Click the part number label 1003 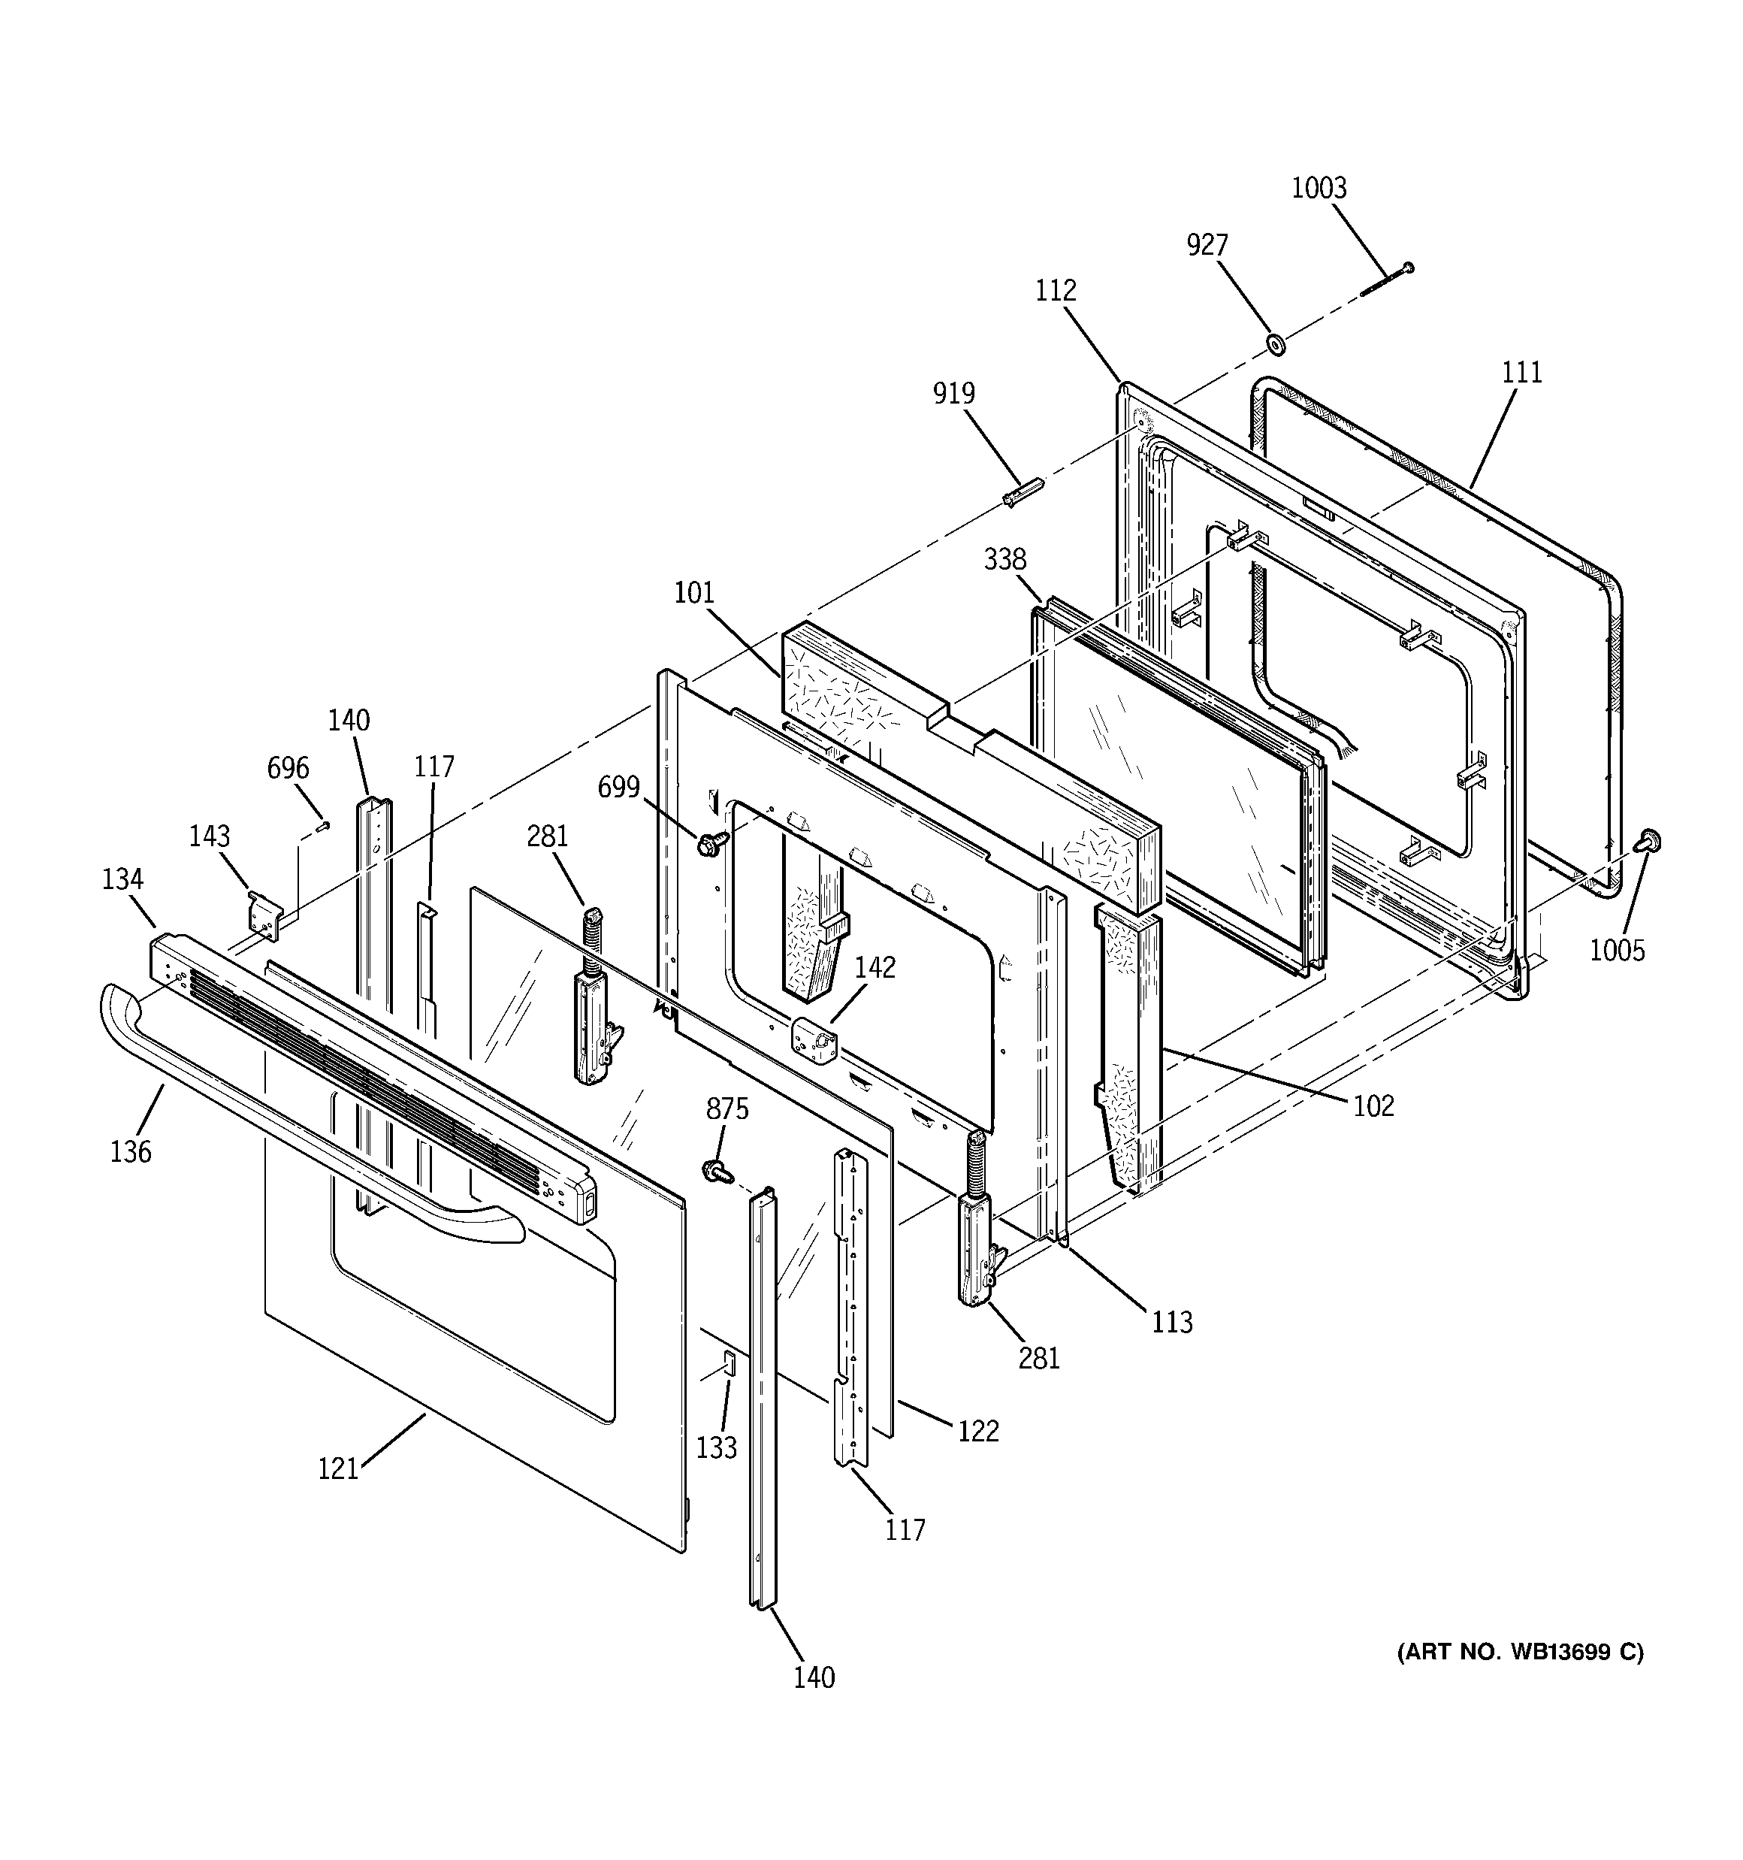pyautogui.click(x=1319, y=188)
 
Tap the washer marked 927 pyautogui.click(x=1273, y=344)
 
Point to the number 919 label pyautogui.click(x=953, y=393)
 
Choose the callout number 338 pyautogui.click(x=1004, y=559)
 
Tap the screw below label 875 pyautogui.click(x=718, y=1170)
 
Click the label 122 pyautogui.click(x=977, y=1431)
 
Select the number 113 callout pyautogui.click(x=1171, y=1322)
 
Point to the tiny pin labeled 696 pyautogui.click(x=324, y=824)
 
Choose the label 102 pyautogui.click(x=1373, y=1106)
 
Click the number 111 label pyautogui.click(x=1522, y=372)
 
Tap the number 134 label pyautogui.click(x=122, y=879)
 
